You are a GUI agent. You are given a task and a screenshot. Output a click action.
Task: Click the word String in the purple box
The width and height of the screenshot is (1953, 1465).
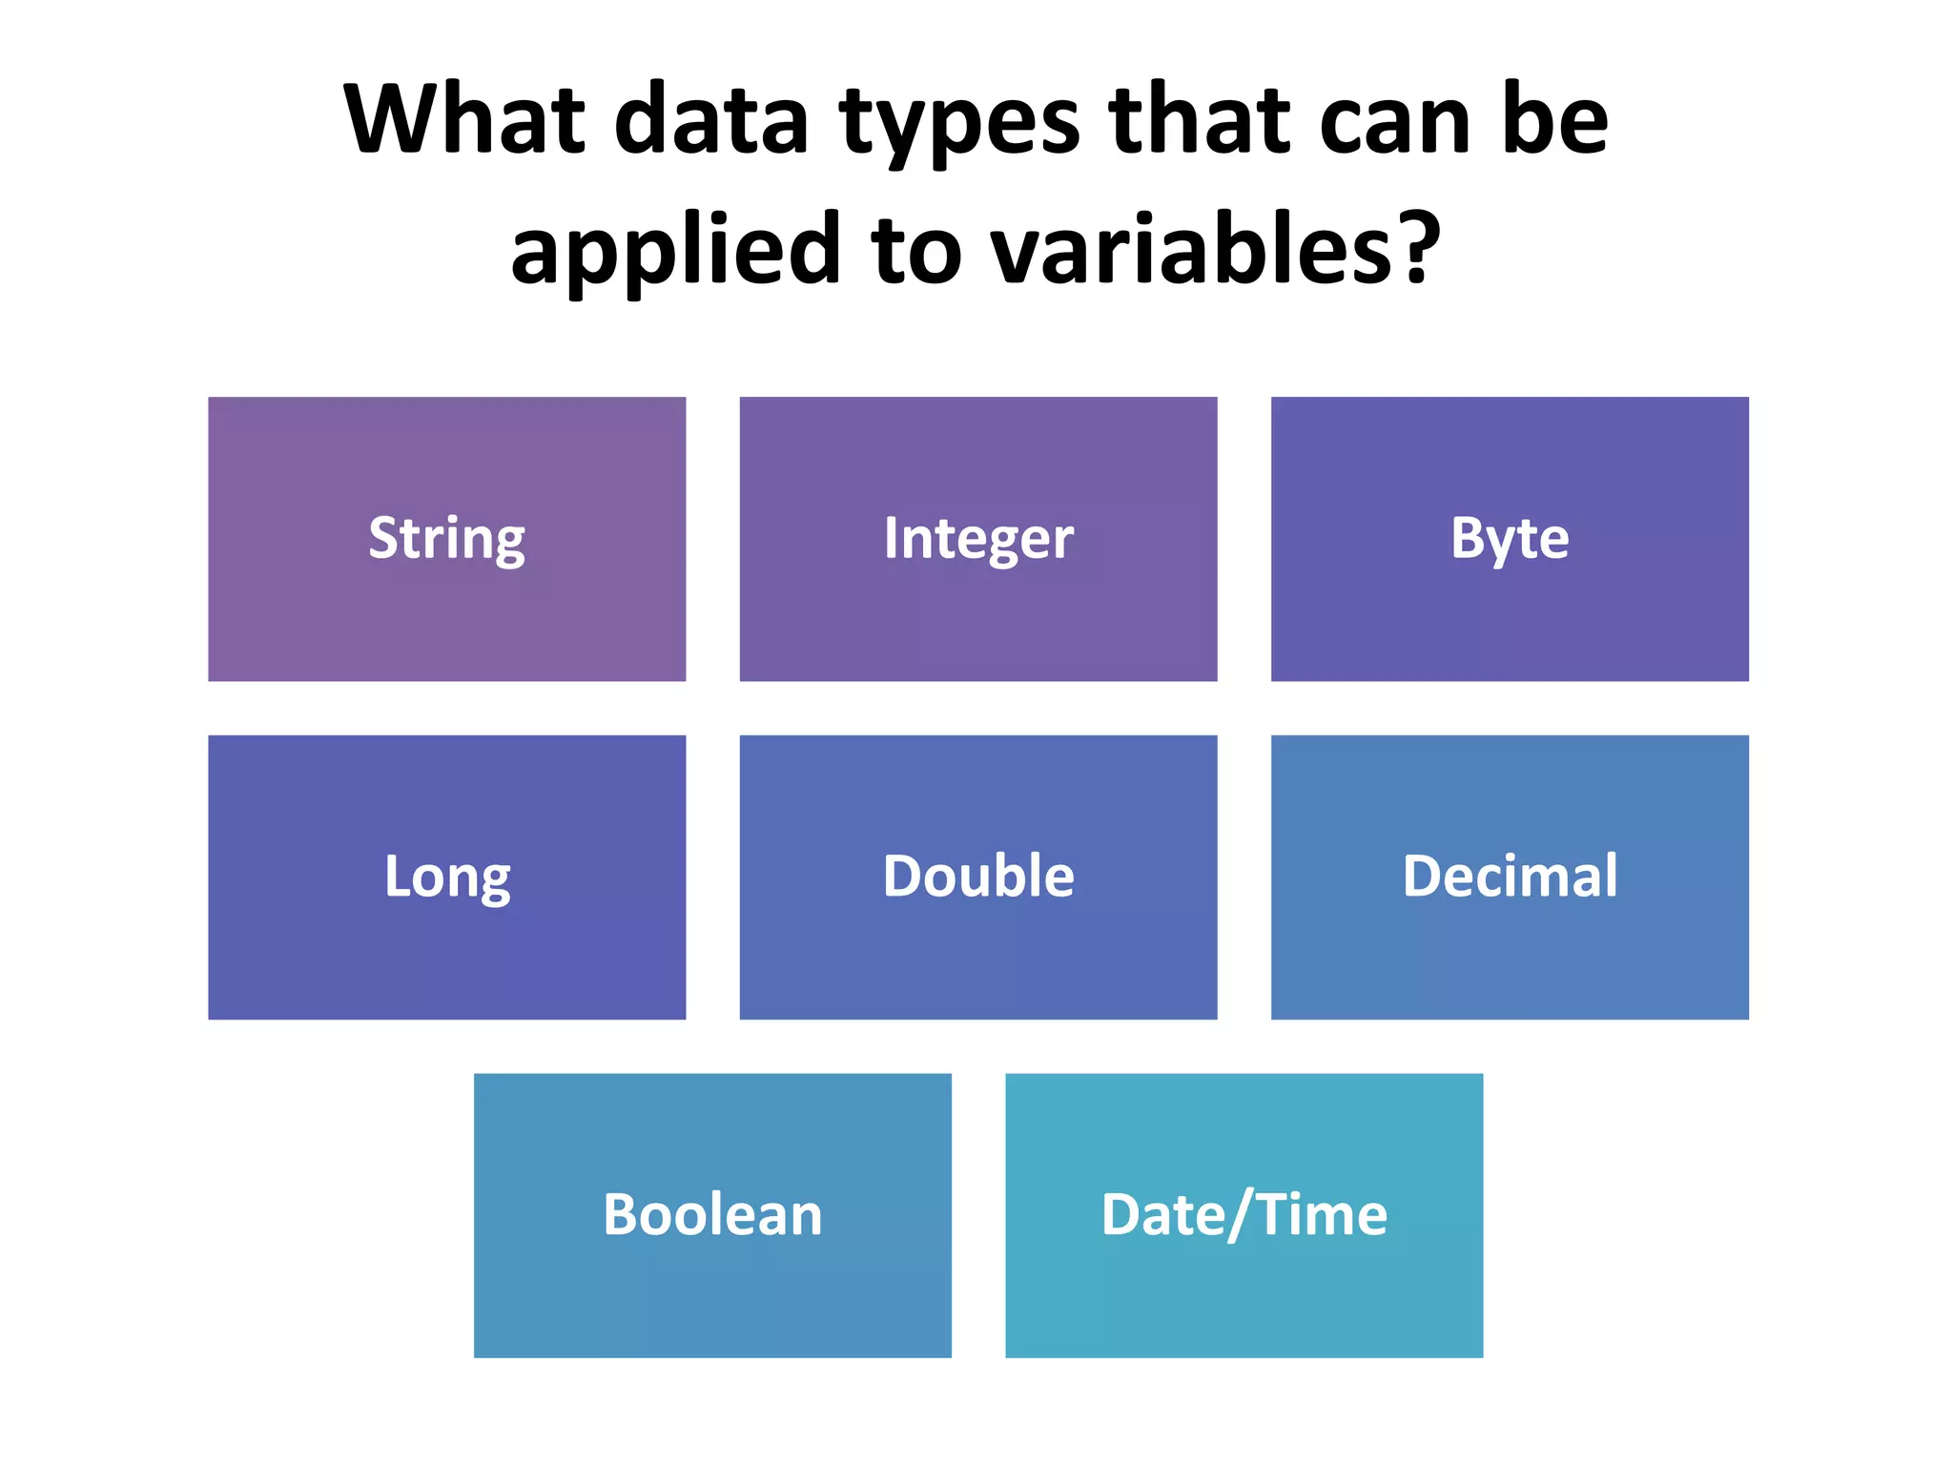tap(446, 538)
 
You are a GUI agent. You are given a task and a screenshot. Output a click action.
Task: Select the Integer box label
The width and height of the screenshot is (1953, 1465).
tap(977, 538)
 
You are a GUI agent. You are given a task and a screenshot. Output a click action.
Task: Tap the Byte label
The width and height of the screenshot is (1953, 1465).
tap(1509, 538)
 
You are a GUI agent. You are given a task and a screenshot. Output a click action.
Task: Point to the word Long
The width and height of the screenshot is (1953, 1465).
tap(446, 877)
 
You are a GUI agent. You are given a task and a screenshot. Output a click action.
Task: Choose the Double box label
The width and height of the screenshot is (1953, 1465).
tap(977, 876)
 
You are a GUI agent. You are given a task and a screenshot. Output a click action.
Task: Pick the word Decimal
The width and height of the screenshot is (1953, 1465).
tap(1509, 876)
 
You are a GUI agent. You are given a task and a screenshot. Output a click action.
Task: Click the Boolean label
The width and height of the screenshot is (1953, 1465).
tap(712, 1214)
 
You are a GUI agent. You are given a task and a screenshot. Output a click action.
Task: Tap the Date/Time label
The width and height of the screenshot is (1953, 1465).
tap(1244, 1214)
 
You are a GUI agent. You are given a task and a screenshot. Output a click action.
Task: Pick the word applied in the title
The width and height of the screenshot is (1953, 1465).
tap(675, 253)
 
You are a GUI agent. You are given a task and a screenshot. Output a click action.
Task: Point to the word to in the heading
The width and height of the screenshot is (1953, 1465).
tap(915, 250)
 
